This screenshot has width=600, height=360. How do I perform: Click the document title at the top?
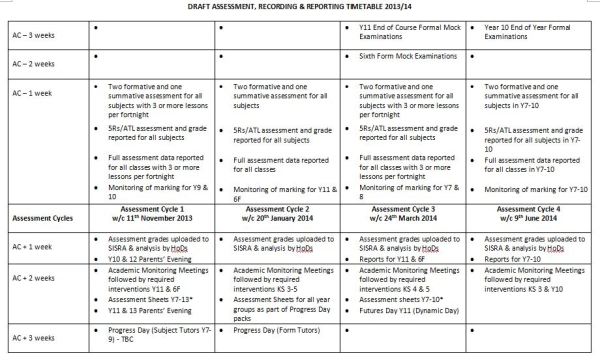click(x=299, y=7)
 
